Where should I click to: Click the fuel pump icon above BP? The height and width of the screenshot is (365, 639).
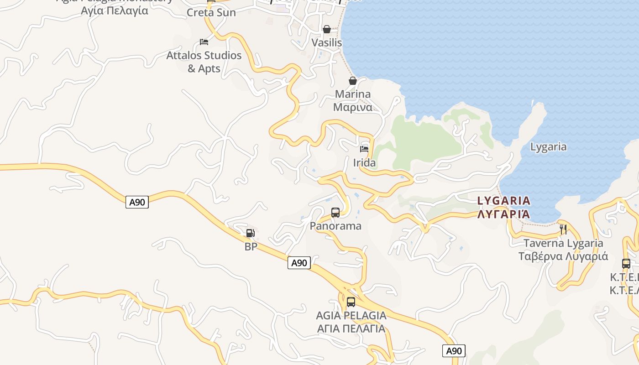coord(250,233)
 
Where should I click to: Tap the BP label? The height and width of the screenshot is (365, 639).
coord(251,247)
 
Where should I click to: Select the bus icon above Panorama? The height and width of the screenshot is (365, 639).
coord(335,212)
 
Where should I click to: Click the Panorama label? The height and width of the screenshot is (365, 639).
coord(335,226)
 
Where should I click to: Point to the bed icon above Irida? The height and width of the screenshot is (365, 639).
coord(364,149)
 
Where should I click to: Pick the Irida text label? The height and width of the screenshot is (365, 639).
coord(364,163)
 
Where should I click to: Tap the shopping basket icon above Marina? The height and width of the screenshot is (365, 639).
coord(353,81)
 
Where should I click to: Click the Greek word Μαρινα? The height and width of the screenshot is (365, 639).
coord(353,107)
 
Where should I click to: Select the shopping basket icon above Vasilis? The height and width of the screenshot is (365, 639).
coord(327,29)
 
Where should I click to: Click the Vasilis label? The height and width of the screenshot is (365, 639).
coord(327,42)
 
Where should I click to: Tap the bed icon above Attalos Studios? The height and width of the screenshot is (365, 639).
coord(204,42)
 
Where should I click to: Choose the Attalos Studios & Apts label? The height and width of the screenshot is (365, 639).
coord(204,62)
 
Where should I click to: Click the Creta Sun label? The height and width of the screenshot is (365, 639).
coord(211,12)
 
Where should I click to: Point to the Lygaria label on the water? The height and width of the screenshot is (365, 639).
coord(548,147)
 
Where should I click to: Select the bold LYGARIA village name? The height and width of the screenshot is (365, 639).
coord(504,201)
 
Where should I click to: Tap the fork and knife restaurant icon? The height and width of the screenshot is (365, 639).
coord(563,229)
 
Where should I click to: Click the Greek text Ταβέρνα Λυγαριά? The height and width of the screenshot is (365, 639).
coord(563,256)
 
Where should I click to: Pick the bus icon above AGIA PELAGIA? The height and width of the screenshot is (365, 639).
coord(351,302)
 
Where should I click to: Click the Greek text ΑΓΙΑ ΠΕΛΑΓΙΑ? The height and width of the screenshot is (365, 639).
coord(351,328)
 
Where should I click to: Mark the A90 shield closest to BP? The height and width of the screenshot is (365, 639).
coord(299,263)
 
